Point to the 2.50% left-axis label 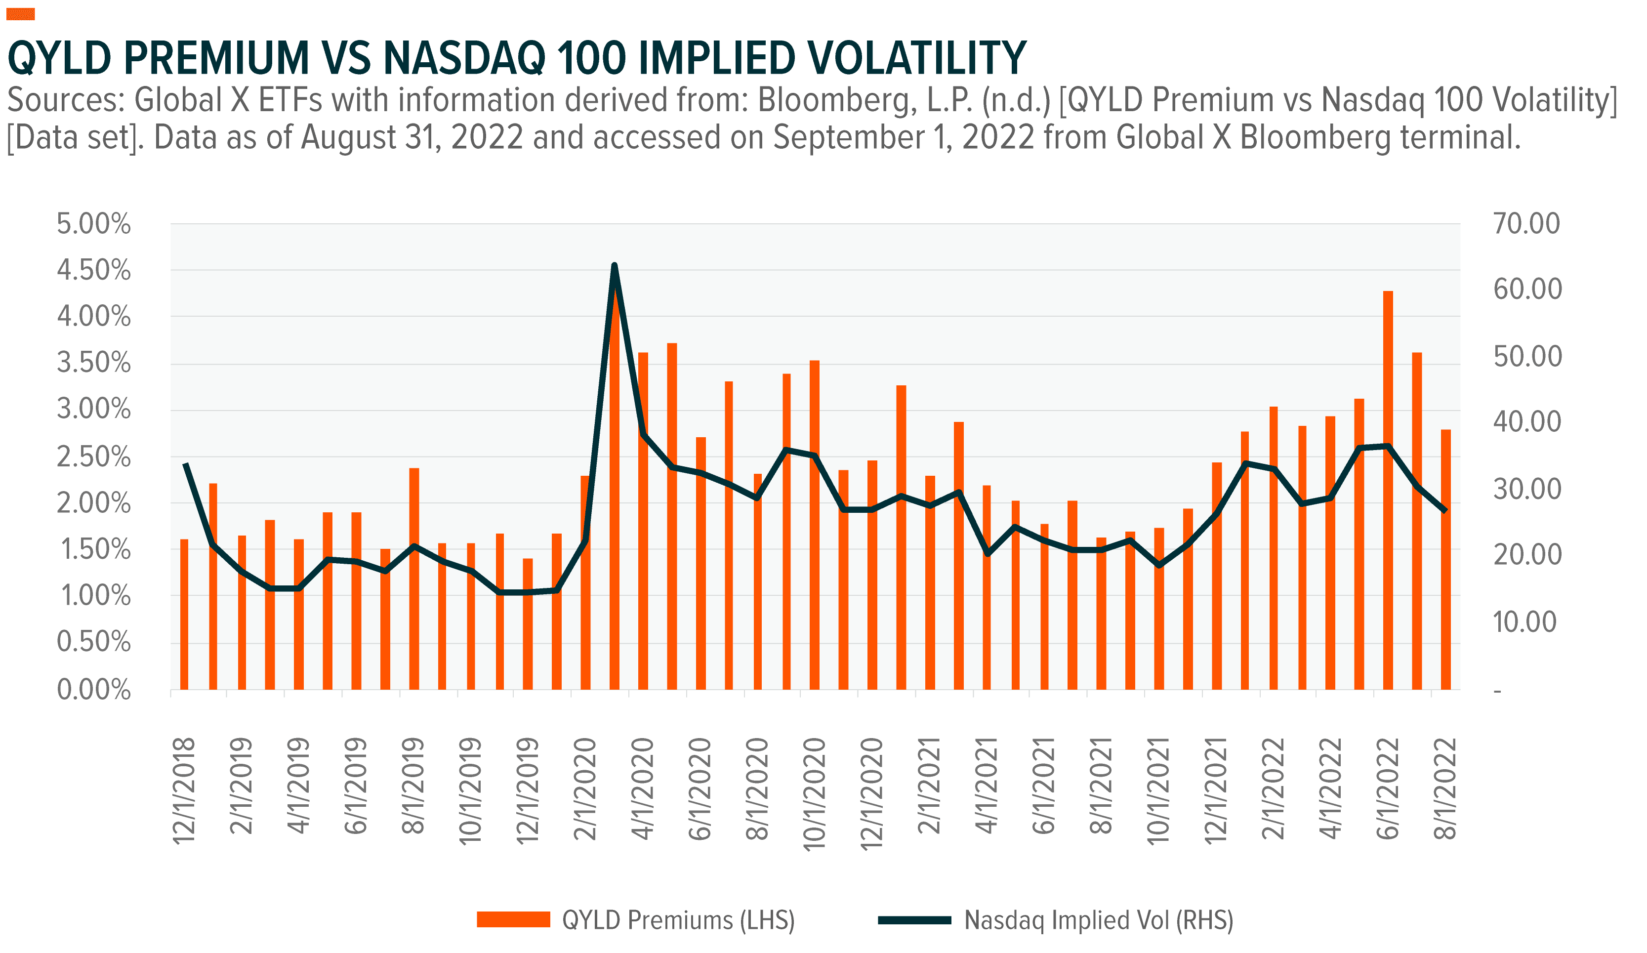pos(93,457)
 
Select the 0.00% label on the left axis pos(93,690)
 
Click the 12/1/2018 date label pos(184,790)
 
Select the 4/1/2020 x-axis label pos(643,788)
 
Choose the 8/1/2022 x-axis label pos(1444,788)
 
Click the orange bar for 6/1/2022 pos(1388,490)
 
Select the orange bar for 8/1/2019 pos(413,579)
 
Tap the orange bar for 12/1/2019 pos(528,624)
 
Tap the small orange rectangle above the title pos(20,14)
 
